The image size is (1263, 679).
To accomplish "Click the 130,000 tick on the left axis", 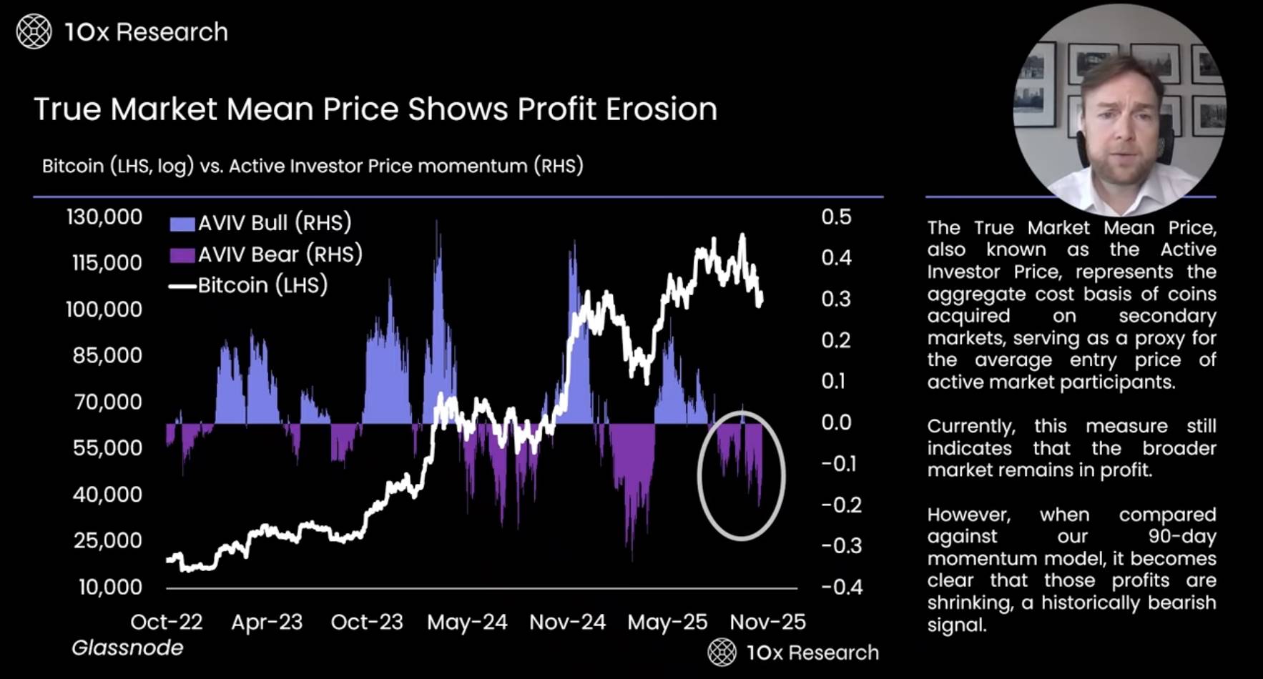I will pyautogui.click(x=104, y=217).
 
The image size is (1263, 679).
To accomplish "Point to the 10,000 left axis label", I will pyautogui.click(x=110, y=588).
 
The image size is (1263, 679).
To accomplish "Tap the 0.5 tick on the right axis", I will pyautogui.click(x=836, y=217).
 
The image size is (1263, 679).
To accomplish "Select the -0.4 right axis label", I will pyautogui.click(x=842, y=588).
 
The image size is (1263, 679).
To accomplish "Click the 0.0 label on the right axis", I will pyautogui.click(x=836, y=422).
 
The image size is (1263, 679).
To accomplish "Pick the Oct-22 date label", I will pyautogui.click(x=167, y=623).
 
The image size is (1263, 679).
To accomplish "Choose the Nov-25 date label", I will pyautogui.click(x=767, y=623).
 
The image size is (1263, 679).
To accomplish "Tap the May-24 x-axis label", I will pyautogui.click(x=467, y=623).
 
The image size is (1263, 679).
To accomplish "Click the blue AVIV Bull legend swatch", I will pyautogui.click(x=182, y=224).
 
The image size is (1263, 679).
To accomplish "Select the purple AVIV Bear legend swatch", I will pyautogui.click(x=182, y=255).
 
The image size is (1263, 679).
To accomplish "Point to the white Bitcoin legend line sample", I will pyautogui.click(x=182, y=287).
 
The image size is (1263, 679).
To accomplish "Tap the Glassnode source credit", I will pyautogui.click(x=127, y=648).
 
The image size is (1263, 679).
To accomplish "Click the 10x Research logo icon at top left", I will pyautogui.click(x=34, y=32).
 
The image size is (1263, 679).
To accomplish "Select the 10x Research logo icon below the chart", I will pyautogui.click(x=722, y=652).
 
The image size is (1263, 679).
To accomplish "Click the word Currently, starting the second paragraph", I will pyautogui.click(x=970, y=427).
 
